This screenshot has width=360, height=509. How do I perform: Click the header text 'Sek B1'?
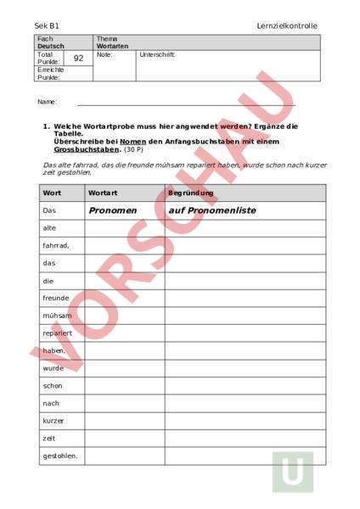coord(47,26)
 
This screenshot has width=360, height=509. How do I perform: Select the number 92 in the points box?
coord(79,59)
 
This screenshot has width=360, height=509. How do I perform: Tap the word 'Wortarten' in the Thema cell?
coord(111,46)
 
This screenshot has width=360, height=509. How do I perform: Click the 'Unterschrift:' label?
coord(158,54)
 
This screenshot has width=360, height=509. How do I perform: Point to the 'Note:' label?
coord(104,54)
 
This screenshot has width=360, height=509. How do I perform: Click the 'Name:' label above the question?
coord(47,102)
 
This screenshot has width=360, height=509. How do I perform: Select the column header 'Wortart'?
coord(103,193)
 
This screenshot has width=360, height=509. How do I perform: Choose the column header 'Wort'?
coord(51,193)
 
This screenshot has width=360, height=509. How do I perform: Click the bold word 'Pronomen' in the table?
coord(112,210)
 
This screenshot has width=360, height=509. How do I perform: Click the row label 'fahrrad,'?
coord(56,245)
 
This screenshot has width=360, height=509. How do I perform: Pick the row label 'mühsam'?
coord(55,316)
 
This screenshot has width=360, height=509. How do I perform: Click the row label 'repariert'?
coord(57,333)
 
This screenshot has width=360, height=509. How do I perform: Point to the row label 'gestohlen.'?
coord(59,456)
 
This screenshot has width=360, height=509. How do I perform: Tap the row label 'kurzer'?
coord(53,421)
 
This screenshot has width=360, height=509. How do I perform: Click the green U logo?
coord(292,471)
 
